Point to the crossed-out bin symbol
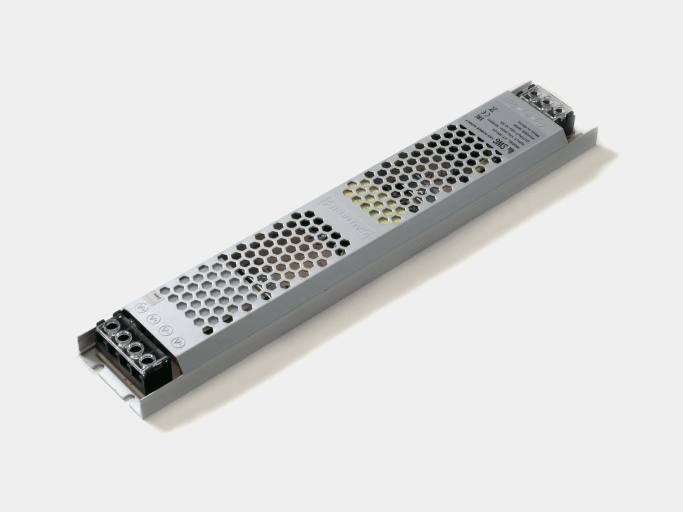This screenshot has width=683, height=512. [493, 109]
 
